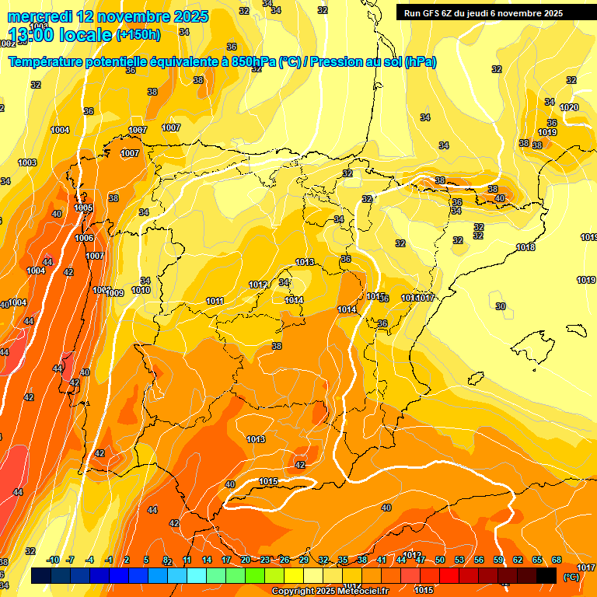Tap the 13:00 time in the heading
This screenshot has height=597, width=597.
coord(35,35)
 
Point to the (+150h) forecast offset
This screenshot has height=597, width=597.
coord(138,34)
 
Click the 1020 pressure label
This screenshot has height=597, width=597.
coord(569,107)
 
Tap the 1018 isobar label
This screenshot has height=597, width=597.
coord(525,247)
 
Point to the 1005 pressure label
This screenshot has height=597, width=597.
coord(84,208)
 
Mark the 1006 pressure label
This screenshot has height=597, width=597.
coord(84,238)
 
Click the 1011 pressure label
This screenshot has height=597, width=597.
coord(215,301)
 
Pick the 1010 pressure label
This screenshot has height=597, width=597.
coord(141,290)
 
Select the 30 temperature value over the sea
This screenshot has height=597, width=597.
coord(501,306)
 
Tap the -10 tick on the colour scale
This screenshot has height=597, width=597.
coord(53,560)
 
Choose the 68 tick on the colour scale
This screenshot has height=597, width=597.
coord(557,560)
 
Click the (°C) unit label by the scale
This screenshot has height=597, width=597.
coord(571,576)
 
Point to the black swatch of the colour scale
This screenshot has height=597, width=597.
coord(546,576)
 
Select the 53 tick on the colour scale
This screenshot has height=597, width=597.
coord(459,560)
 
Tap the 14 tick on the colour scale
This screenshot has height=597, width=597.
coord(207,560)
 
